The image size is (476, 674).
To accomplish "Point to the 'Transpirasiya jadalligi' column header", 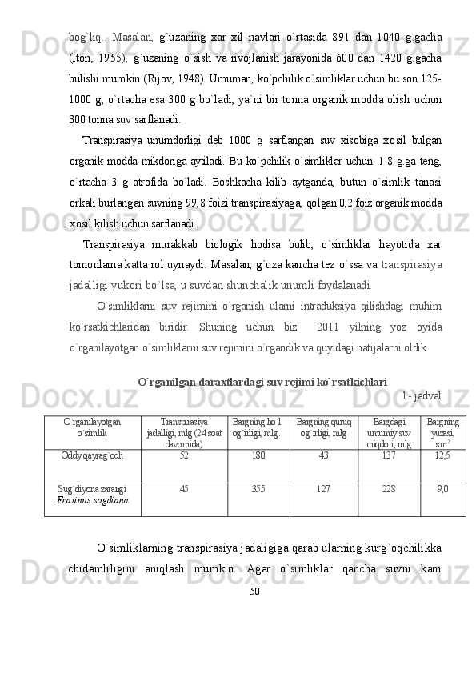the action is tap(184, 431).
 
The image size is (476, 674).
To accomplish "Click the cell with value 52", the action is tap(184, 455).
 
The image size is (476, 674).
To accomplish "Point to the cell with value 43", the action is tap(323, 455).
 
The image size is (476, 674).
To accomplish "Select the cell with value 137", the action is tap(389, 455).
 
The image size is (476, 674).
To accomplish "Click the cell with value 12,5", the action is tap(442, 455).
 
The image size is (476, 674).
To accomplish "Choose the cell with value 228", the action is tap(389, 488).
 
